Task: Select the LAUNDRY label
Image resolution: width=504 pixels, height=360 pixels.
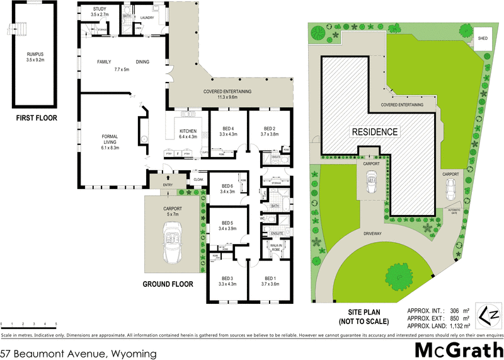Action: pos(147,18)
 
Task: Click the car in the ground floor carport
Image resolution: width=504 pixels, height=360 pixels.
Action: pos(171,247)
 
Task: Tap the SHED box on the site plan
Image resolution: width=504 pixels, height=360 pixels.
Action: pos(483,38)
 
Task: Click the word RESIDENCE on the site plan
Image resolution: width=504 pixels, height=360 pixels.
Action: pos(374,132)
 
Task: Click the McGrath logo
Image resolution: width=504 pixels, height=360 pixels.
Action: pos(458,349)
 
